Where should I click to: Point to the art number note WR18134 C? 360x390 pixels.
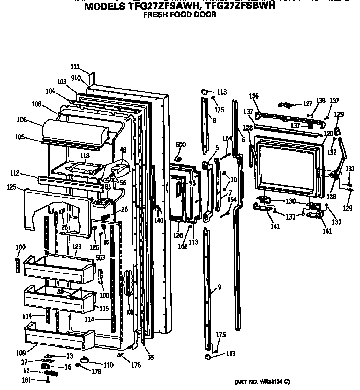pyautogui.click(x=262, y=382)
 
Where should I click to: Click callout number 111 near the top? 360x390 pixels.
pyautogui.click(x=75, y=67)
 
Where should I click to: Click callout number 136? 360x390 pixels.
pyautogui.click(x=254, y=96)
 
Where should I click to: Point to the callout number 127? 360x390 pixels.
pyautogui.click(x=307, y=104)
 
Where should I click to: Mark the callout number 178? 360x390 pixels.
pyautogui.click(x=96, y=372)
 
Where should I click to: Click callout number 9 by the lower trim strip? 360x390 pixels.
pyautogui.click(x=219, y=287)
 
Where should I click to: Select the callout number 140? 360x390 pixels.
pyautogui.click(x=159, y=220)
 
